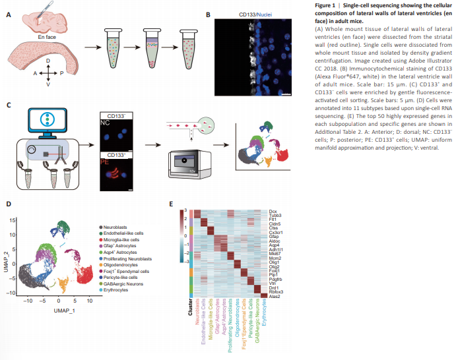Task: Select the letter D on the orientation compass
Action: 48,60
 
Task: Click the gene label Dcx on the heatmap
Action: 273,210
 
